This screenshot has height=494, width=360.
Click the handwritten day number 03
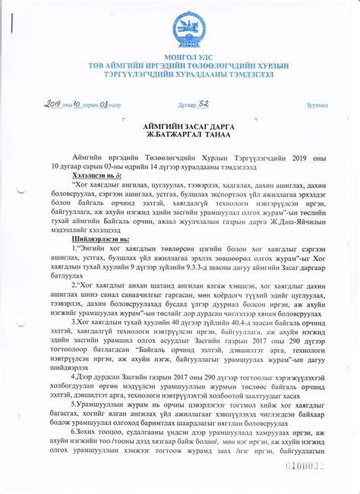106,104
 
